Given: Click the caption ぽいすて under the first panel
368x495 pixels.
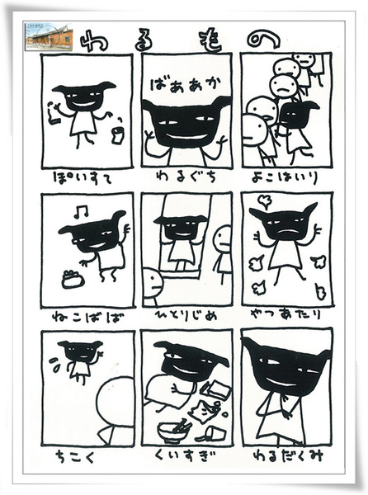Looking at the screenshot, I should (85, 177).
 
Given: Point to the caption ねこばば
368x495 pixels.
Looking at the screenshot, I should (85, 313).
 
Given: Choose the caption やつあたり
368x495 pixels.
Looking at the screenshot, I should (285, 314).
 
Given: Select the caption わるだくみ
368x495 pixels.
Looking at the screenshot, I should (285, 453).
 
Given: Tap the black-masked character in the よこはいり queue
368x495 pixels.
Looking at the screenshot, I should (299, 115).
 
